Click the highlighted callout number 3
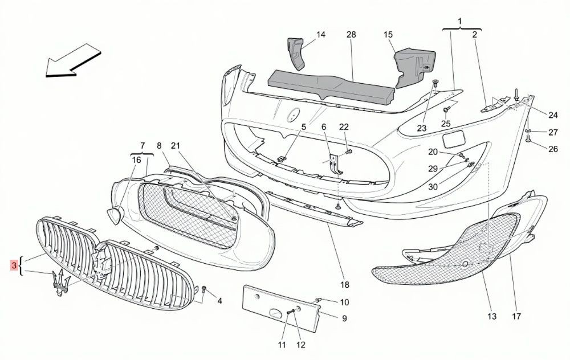[x=14, y=265]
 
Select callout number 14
[x=320, y=35]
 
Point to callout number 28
[x=351, y=35]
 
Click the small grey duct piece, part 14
[x=296, y=53]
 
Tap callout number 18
[x=345, y=284]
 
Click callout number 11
[x=282, y=345]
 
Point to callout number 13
[x=492, y=316]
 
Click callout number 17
[x=516, y=316]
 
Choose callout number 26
[x=553, y=149]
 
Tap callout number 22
[x=344, y=127]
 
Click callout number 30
[x=433, y=187]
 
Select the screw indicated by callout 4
[x=204, y=291]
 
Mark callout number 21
[x=176, y=146]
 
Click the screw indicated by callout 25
[x=447, y=109]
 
